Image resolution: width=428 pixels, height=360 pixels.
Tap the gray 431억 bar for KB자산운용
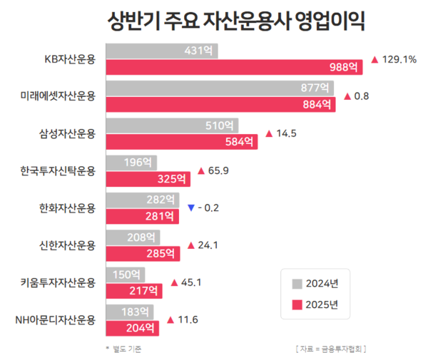point(162,51)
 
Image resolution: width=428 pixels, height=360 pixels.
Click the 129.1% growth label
point(400,60)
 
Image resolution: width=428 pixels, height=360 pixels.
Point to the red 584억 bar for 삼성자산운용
point(182,142)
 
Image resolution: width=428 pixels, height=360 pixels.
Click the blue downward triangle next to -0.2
point(190,207)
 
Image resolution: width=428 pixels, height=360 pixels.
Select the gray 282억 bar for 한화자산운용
point(143,199)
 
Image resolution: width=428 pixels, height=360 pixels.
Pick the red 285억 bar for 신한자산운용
point(143,253)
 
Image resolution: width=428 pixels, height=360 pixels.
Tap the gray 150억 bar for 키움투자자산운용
point(125,274)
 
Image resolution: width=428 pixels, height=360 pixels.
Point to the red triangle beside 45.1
point(175,282)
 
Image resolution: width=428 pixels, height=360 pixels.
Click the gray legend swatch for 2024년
point(297,283)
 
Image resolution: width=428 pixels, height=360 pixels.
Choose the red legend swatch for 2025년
point(297,304)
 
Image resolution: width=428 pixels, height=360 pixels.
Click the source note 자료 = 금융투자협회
point(335,349)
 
